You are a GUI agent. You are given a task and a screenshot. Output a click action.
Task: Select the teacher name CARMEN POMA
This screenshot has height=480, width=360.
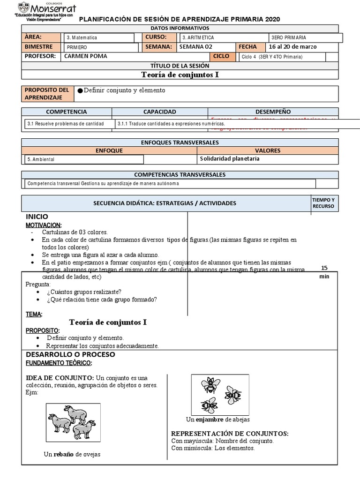click(85, 56)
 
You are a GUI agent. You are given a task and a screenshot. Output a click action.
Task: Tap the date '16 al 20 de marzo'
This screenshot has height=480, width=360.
click(293, 47)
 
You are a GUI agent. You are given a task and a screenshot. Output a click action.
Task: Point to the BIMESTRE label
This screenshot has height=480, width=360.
click(39, 47)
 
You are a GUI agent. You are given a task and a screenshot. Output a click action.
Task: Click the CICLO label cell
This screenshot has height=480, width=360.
click(221, 56)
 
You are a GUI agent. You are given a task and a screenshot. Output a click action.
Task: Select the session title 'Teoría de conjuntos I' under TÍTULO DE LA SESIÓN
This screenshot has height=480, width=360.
click(180, 75)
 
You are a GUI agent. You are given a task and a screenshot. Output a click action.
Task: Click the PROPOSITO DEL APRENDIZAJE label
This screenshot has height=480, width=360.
click(47, 94)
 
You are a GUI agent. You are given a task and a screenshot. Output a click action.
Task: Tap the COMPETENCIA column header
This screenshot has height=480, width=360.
click(66, 112)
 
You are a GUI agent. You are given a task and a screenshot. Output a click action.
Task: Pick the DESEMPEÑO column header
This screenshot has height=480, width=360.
click(273, 112)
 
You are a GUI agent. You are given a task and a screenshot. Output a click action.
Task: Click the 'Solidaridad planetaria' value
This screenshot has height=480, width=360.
click(230, 158)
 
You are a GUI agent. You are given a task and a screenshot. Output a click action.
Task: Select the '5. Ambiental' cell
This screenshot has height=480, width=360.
click(41, 159)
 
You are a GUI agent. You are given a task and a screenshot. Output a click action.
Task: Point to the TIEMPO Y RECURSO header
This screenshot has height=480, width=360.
click(323, 203)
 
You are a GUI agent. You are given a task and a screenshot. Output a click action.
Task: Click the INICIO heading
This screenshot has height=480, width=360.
click(37, 217)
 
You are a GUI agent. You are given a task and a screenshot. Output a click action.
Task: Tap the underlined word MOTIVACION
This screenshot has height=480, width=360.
click(44, 225)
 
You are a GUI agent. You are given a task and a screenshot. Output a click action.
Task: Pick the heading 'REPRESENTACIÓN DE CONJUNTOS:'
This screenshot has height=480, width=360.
click(230, 433)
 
